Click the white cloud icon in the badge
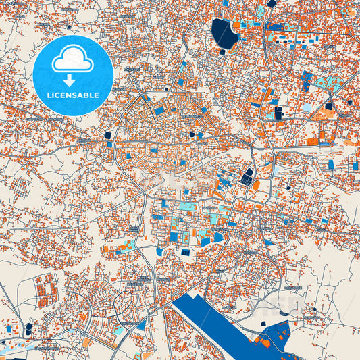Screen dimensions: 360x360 [x=72, y=60]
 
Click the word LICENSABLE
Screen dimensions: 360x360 [x=72, y=95]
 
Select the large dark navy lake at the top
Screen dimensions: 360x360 [x=225, y=33]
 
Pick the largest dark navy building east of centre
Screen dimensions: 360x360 [x=248, y=177]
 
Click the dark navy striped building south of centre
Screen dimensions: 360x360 [x=185, y=252]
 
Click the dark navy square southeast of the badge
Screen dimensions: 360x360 [x=107, y=135]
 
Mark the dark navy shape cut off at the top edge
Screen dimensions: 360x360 [x=271, y=3]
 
